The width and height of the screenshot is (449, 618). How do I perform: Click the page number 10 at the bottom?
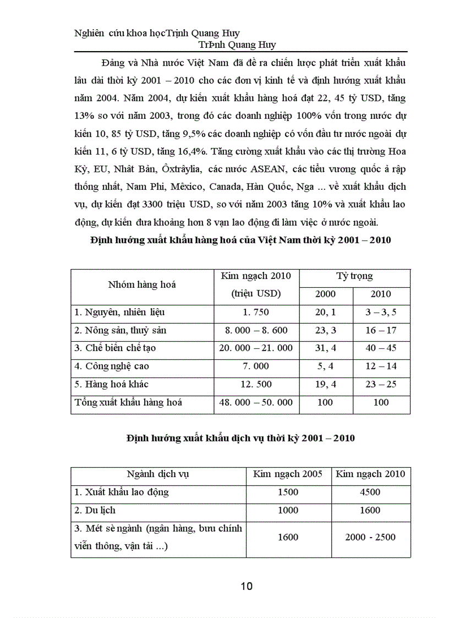(247, 586)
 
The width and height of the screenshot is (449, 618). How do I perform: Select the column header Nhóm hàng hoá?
(142, 285)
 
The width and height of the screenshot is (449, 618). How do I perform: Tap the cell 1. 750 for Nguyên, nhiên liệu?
(256, 313)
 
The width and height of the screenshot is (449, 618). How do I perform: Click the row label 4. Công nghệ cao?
(112, 366)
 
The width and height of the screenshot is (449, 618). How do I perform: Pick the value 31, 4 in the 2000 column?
(325, 348)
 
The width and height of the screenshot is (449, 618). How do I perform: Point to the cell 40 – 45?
(381, 348)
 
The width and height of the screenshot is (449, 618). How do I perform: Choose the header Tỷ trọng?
(354, 276)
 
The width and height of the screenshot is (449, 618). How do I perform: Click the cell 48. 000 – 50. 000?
(256, 402)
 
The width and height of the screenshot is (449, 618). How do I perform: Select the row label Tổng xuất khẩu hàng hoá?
(128, 402)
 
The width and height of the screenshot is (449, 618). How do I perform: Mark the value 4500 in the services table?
(370, 492)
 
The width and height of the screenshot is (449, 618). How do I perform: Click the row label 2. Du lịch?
(95, 510)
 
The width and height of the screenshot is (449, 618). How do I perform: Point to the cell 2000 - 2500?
(370, 537)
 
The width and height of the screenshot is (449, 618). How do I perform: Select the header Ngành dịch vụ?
(158, 474)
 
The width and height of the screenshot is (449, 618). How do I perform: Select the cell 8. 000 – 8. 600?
(256, 331)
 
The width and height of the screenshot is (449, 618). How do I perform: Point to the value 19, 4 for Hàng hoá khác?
(325, 384)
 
